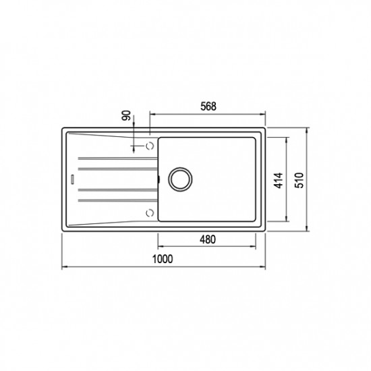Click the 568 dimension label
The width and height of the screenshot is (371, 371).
[x=208, y=107]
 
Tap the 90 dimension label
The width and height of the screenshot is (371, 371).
[x=127, y=115]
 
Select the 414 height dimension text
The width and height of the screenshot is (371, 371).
[x=279, y=181]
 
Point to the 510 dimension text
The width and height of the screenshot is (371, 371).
[x=299, y=181]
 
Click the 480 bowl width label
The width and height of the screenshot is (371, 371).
[x=208, y=239]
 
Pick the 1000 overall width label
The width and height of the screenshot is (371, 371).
[x=163, y=259]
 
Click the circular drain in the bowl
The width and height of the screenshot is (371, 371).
[x=180, y=179]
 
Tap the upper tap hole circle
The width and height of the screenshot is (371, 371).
[x=150, y=146]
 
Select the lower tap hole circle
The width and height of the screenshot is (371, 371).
[x=150, y=213]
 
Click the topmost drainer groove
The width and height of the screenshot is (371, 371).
[x=118, y=159]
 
